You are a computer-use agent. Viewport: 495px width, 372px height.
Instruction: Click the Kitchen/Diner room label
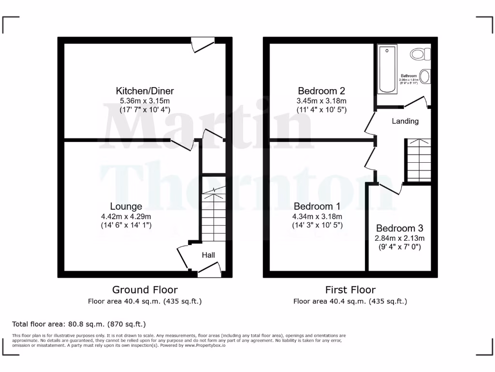(x=145, y=91)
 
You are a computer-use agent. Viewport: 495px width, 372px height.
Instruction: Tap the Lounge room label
(x=126, y=206)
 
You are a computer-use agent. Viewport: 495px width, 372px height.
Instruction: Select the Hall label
(x=208, y=255)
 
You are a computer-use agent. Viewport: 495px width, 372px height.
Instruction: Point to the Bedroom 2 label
(x=321, y=91)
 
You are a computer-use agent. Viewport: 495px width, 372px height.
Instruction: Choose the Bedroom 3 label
(x=399, y=228)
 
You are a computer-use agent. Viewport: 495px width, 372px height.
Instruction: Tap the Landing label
(x=405, y=121)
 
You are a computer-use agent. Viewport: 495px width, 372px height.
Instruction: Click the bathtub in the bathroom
(x=387, y=68)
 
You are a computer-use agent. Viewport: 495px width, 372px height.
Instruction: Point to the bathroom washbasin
(x=425, y=76)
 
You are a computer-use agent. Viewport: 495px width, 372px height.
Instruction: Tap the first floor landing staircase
(x=419, y=160)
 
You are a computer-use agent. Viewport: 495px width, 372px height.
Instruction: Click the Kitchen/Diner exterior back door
(x=203, y=46)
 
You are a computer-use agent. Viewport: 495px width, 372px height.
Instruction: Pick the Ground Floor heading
(x=145, y=290)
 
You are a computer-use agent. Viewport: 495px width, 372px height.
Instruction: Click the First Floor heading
(x=350, y=290)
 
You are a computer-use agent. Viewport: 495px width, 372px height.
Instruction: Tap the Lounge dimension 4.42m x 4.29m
(x=126, y=216)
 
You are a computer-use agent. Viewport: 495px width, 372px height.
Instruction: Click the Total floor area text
(x=79, y=324)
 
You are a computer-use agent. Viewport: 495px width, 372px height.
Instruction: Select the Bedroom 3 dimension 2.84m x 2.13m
(x=399, y=238)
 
